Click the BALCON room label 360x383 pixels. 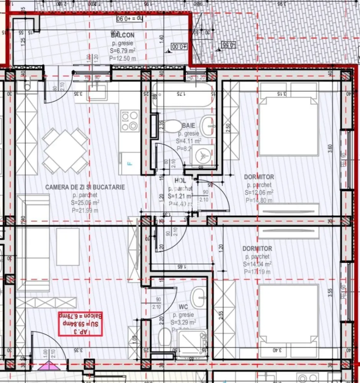pos(123,35)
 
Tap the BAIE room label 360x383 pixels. pos(188,125)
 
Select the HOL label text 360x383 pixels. pos(180,180)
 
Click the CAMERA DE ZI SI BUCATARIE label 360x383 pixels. pos(85,187)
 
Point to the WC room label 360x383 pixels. pos(183,307)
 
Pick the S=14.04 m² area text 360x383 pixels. pos(258,264)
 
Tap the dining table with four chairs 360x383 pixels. pos(65,151)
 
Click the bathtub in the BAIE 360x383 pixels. pos(182,96)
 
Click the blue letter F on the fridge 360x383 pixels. pos(129,164)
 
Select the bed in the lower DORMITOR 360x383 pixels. pos(289,314)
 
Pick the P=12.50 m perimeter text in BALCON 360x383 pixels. pos(123,58)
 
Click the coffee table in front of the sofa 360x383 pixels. pos(68,246)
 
